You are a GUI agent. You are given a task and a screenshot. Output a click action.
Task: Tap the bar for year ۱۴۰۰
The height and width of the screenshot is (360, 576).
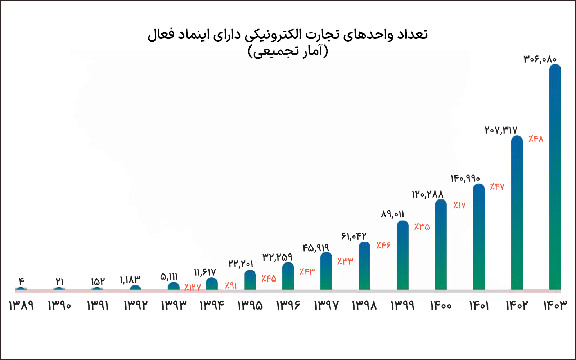click(441, 245)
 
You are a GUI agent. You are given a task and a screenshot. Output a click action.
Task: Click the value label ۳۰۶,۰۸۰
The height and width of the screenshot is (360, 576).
click(540, 59)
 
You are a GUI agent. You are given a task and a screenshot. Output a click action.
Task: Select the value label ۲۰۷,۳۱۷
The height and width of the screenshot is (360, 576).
click(501, 130)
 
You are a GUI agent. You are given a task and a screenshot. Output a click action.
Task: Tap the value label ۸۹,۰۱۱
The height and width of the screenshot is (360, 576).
click(392, 214)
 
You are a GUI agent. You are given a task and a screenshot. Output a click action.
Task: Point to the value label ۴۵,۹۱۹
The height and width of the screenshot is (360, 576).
click(315, 248)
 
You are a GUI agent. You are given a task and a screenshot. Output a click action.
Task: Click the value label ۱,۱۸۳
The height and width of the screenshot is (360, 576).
click(130, 280)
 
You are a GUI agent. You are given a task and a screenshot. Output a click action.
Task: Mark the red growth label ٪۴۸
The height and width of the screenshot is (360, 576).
click(536, 139)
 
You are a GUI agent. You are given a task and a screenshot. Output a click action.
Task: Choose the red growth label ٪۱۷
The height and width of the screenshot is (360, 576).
click(459, 206)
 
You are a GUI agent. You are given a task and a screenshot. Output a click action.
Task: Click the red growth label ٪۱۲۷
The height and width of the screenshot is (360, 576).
click(192, 287)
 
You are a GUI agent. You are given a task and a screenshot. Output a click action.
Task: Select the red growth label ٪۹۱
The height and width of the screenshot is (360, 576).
click(231, 285)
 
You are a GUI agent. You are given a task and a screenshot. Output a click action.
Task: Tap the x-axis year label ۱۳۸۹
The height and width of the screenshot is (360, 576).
click(21, 306)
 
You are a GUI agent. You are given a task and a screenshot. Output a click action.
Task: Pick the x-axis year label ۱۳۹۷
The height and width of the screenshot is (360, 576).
click(326, 306)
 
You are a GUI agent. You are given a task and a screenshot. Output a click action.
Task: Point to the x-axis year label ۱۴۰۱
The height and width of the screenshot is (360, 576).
click(479, 306)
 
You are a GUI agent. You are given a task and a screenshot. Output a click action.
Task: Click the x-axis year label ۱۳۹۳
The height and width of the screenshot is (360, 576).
click(174, 306)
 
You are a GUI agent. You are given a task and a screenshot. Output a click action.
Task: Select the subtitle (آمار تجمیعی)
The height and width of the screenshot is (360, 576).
click(288, 51)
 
